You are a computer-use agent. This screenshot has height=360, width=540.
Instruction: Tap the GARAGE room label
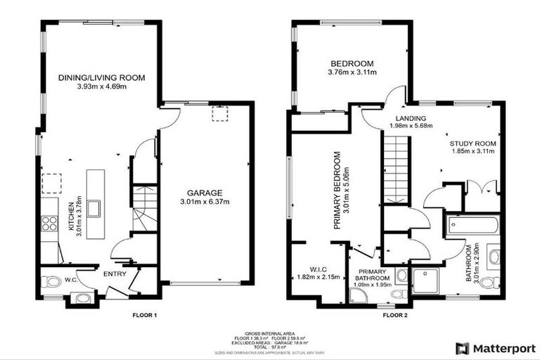pos(205,193)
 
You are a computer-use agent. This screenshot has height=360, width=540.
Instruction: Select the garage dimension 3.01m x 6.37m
pos(205,202)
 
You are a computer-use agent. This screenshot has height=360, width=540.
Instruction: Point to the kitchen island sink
pos(94,208)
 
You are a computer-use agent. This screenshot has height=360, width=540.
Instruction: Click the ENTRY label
pos(114,275)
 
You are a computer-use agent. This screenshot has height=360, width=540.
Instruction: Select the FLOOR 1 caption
pos(144,315)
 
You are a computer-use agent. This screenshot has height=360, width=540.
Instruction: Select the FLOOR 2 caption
pos(395,315)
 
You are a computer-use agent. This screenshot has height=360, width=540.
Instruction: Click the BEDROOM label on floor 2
pos(352,63)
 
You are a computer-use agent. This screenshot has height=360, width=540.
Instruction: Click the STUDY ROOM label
pos(472,143)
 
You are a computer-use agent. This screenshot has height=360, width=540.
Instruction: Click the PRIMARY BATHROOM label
pos(372,274)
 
